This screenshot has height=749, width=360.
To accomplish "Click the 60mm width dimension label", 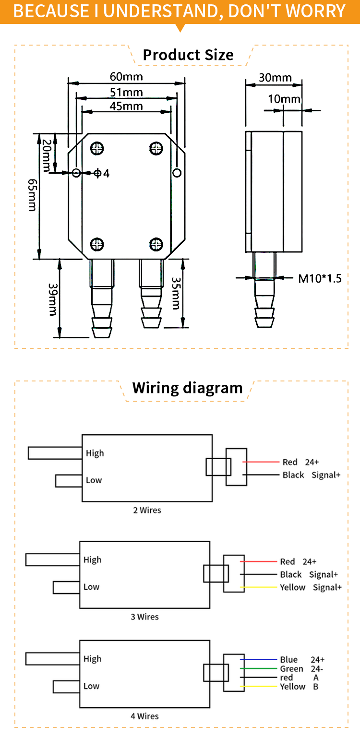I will coord(126,77).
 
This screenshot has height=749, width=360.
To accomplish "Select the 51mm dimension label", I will coord(126,92).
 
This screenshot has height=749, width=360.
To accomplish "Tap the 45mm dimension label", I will coord(126,106).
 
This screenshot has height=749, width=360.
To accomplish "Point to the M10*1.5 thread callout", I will coord(320,278).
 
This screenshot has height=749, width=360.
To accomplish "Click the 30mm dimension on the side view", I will coord(275,78).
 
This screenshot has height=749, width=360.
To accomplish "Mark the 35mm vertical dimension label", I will coord(176,293).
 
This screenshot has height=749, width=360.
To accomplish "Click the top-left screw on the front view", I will coord(97,149).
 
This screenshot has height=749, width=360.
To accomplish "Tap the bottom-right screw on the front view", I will coord(156,244).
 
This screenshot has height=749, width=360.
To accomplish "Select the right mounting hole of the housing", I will coord(177,172).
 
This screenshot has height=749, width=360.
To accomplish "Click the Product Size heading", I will coord(188,55).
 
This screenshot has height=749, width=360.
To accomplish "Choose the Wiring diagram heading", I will coord(187,388).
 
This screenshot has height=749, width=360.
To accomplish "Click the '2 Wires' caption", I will coord(147,510).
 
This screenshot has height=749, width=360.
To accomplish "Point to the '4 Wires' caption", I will coord(144,716).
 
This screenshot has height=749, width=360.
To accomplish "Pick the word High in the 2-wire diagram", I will coord(95,453).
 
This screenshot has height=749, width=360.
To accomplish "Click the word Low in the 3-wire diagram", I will coord(91,587).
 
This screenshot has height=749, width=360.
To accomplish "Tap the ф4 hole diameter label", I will coord(101,173).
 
